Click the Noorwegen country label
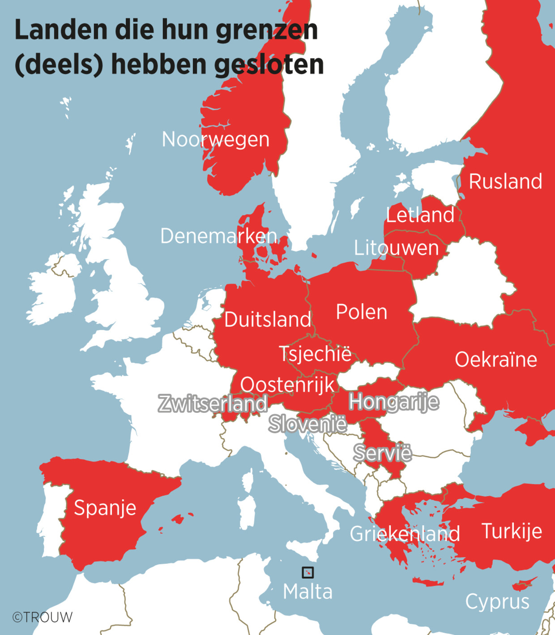(x=215, y=139)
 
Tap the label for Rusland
(x=505, y=181)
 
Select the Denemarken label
(x=218, y=236)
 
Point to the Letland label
(x=420, y=215)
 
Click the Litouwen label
(x=396, y=248)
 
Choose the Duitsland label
(x=267, y=319)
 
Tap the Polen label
(x=361, y=312)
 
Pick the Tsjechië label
(x=315, y=353)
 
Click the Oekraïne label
(x=495, y=359)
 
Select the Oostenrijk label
(x=287, y=384)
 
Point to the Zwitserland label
(x=213, y=403)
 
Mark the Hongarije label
(x=393, y=401)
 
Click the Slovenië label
(x=307, y=423)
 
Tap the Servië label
(x=382, y=453)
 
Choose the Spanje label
(x=105, y=507)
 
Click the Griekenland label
(x=405, y=534)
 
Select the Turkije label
(x=512, y=531)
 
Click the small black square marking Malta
(x=307, y=572)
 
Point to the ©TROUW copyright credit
(x=42, y=617)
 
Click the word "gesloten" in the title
(x=269, y=64)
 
